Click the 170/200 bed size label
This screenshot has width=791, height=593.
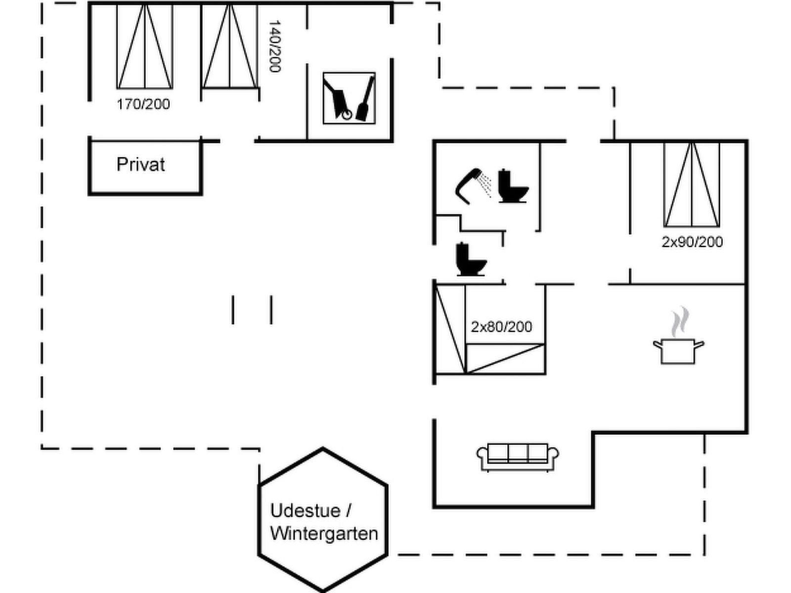(143, 104)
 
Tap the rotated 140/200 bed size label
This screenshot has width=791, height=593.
(274, 46)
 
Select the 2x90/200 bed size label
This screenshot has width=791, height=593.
(692, 242)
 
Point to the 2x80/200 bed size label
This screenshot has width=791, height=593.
(501, 327)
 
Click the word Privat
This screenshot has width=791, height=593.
(140, 165)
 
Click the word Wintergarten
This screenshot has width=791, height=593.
(324, 534)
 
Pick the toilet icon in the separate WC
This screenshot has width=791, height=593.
(470, 259)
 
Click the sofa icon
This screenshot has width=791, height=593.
(517, 457)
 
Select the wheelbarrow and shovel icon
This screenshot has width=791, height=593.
(349, 98)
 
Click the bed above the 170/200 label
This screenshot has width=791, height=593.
(145, 47)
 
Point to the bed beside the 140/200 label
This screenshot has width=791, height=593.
(230, 47)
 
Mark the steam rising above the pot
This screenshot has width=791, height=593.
(680, 321)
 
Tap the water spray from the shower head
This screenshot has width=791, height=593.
(486, 184)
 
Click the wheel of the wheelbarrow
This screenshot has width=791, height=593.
(347, 115)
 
